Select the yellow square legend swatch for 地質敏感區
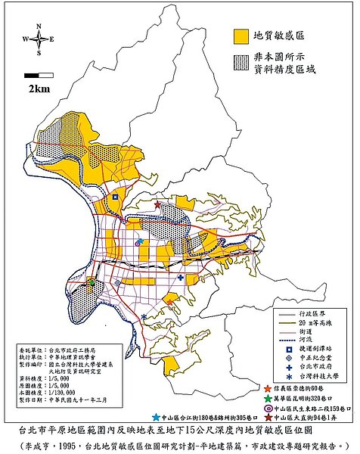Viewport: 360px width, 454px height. (241, 36)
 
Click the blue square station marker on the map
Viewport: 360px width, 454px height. (115, 197)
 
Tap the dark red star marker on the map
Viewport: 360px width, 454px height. (157, 205)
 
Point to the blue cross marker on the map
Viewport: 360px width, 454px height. (181, 278)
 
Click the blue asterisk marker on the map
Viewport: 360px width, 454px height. (144, 316)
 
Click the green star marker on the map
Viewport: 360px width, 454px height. (90, 283)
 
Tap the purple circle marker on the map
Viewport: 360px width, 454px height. (138, 244)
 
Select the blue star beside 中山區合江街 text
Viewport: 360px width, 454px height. (156, 417)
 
